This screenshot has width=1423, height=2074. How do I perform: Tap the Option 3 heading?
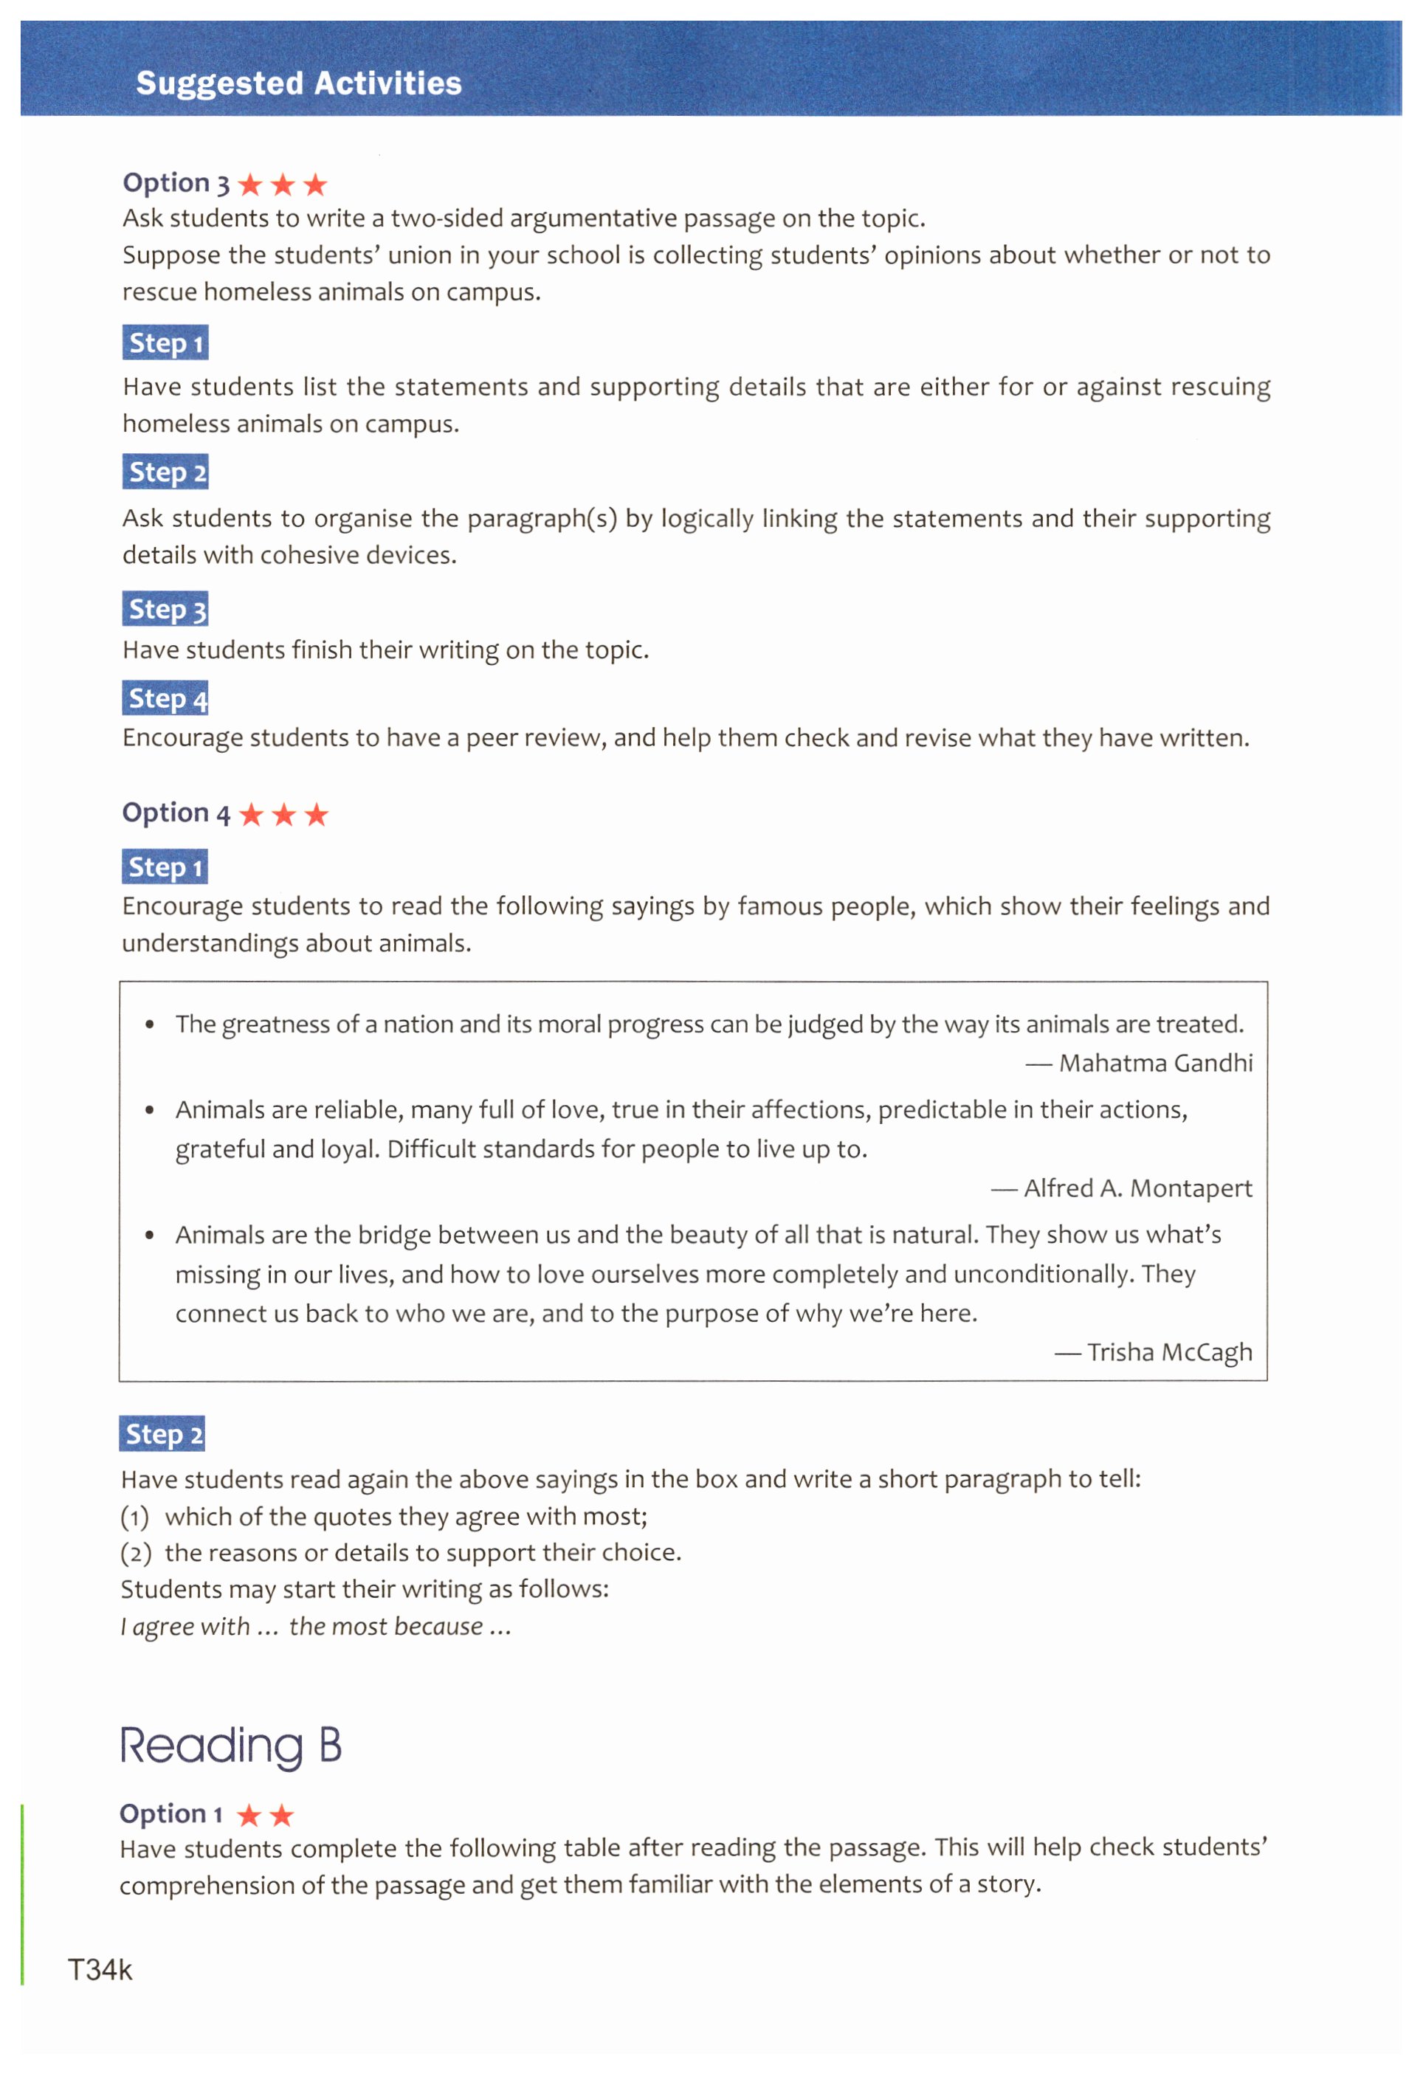[x=176, y=183]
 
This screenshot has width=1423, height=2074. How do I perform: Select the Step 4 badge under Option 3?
[x=166, y=698]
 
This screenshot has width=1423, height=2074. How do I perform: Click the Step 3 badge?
[x=166, y=609]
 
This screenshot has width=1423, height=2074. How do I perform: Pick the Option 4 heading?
[x=176, y=813]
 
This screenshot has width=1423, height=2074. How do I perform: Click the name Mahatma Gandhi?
[x=1155, y=1063]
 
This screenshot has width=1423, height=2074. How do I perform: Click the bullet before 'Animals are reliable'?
[x=150, y=1110]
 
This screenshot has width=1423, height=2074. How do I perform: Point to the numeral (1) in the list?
[x=135, y=1517]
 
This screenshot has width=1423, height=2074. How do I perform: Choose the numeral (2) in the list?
[x=135, y=1554]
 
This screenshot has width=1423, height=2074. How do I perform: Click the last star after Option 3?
[x=315, y=185]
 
